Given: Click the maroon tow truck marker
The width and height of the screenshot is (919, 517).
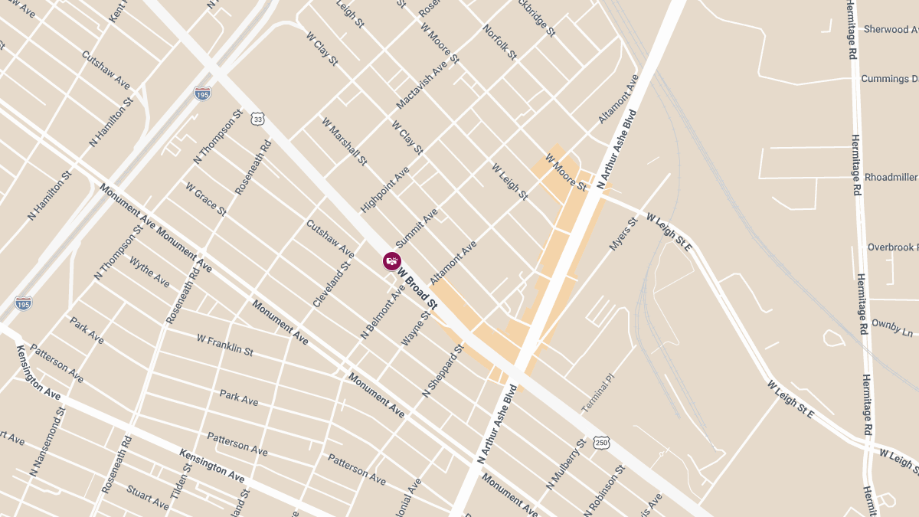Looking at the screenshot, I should (392, 261).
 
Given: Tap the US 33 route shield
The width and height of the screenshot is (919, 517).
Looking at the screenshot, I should (257, 119).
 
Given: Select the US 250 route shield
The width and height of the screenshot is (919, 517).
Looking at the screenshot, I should (602, 443).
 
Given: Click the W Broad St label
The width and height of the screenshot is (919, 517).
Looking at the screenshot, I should (417, 287).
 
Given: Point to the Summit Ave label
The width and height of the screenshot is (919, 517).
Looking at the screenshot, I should (416, 227).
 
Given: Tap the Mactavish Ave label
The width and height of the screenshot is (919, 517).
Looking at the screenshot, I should (421, 86).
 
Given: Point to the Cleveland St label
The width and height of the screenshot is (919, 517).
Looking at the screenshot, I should (331, 284).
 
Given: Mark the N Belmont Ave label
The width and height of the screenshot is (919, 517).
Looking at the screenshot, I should (382, 312).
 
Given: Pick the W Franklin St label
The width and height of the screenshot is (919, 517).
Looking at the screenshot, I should (224, 344).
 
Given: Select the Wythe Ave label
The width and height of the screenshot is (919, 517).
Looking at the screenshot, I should (149, 272).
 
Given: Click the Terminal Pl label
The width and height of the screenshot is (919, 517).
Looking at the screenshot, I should (598, 394).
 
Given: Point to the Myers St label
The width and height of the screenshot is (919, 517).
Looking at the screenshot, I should (623, 234).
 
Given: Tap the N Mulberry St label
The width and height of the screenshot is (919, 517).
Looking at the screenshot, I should (567, 464).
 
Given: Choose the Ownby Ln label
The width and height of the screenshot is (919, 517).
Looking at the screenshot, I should (892, 328).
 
